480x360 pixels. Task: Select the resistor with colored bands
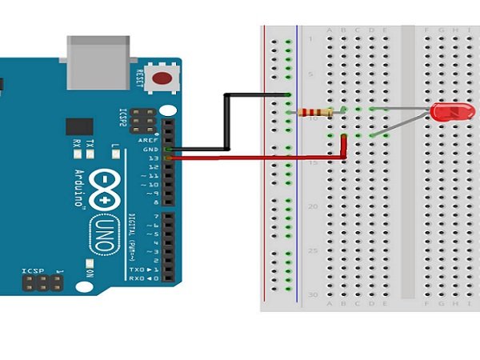tap(314, 112)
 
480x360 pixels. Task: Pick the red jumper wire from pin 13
tap(256, 158)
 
